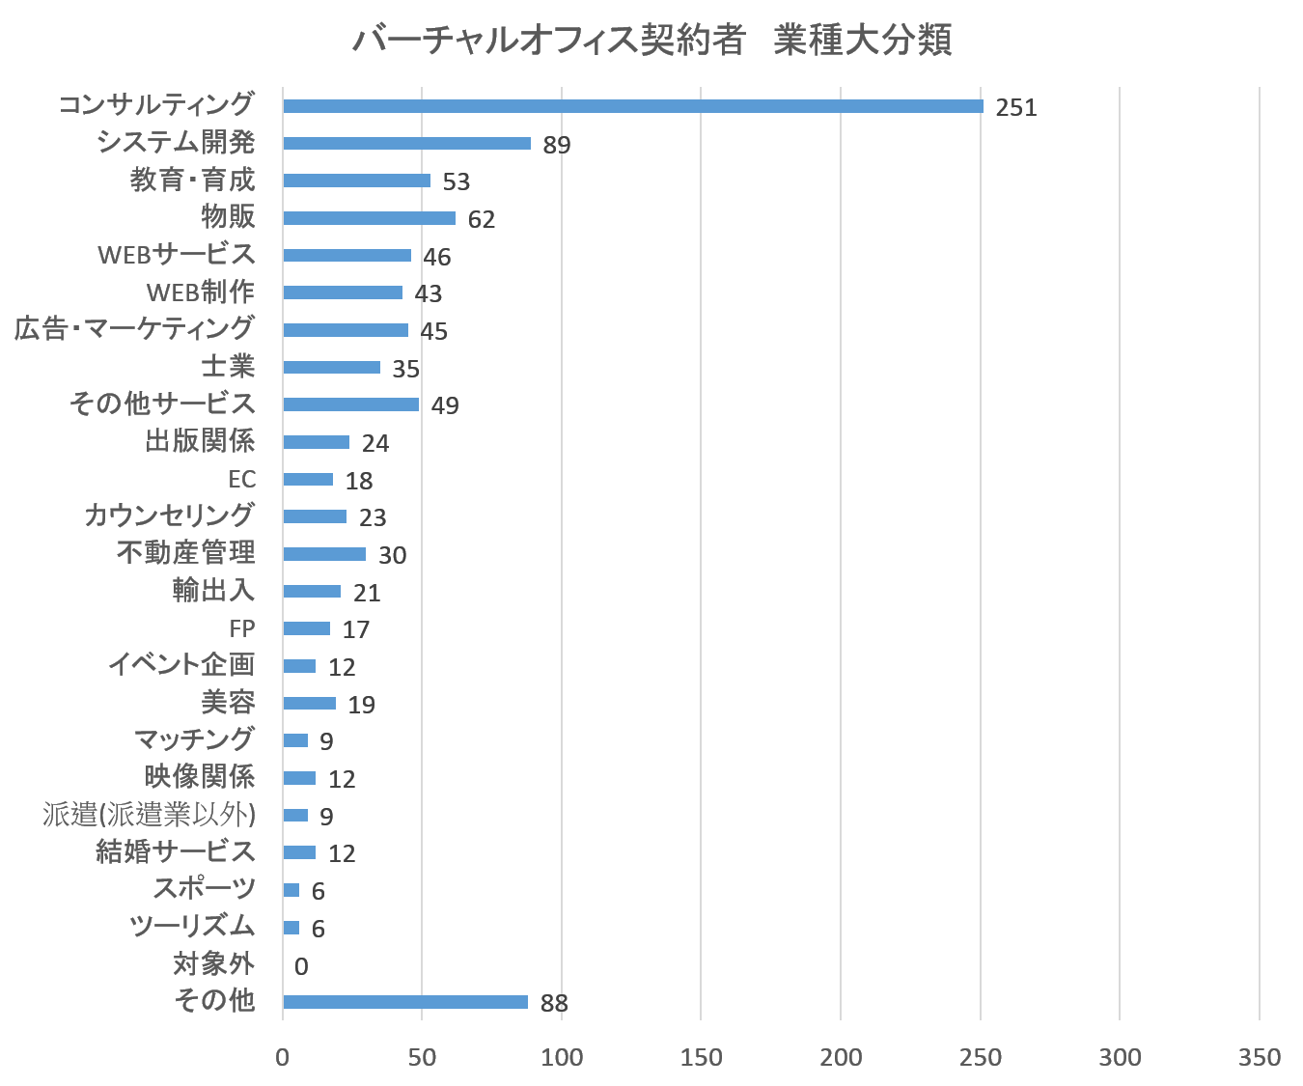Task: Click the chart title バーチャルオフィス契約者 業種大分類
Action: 651,41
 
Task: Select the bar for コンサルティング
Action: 632,106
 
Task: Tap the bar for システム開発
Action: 406,144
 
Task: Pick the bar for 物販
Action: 369,219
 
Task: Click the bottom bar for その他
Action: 405,1002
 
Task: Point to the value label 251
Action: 1015,107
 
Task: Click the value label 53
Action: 456,181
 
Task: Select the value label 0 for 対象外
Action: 301,966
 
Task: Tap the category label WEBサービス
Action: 176,255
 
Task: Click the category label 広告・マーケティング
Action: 134,329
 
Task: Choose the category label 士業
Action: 228,367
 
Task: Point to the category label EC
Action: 241,480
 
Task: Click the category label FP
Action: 241,629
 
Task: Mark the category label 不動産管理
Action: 185,553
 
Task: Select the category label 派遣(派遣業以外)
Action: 149,815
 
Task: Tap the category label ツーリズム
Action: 192,927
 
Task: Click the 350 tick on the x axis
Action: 1260,1058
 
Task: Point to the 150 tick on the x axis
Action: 701,1058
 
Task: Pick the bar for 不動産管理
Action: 324,554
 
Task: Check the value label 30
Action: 392,555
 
